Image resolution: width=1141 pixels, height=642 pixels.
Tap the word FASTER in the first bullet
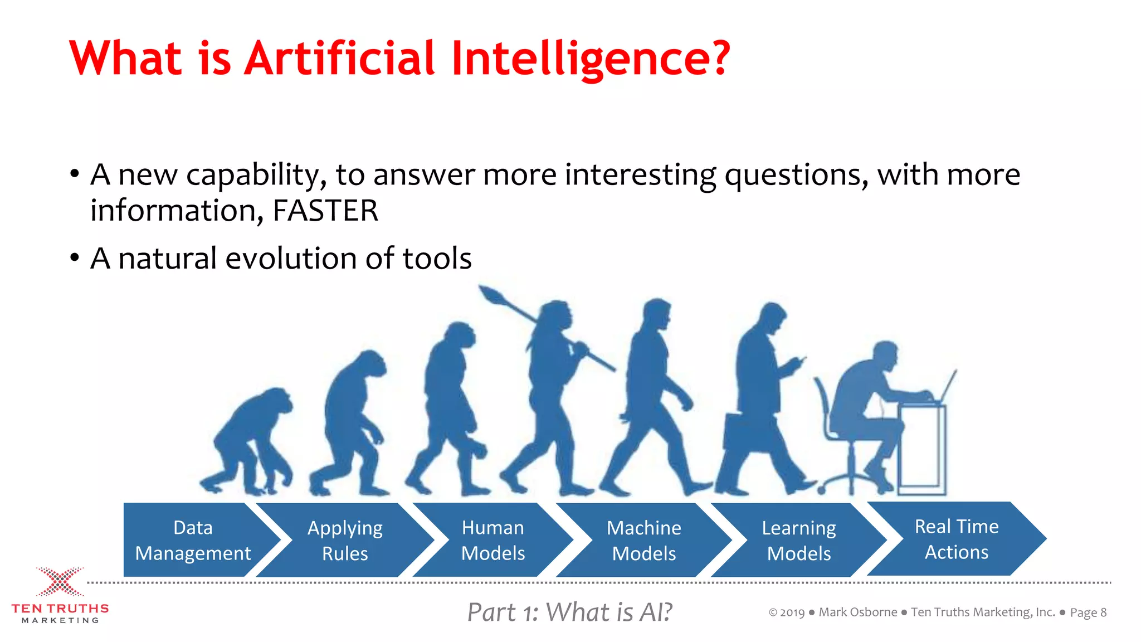click(x=325, y=211)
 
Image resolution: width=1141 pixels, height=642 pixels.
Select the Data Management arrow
click(x=193, y=540)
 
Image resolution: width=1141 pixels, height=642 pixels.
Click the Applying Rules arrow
click(x=345, y=540)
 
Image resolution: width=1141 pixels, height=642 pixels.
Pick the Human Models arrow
click(x=493, y=540)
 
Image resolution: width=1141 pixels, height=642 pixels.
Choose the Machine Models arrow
click(x=643, y=540)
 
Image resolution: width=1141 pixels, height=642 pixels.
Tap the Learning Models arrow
click(x=798, y=540)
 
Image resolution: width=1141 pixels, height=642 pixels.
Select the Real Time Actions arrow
click(x=956, y=539)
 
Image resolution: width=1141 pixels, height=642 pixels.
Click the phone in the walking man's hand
click(x=801, y=362)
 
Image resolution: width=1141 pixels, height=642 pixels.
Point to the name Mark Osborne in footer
click(x=857, y=612)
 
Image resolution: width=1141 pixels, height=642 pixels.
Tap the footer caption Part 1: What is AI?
click(x=569, y=612)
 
